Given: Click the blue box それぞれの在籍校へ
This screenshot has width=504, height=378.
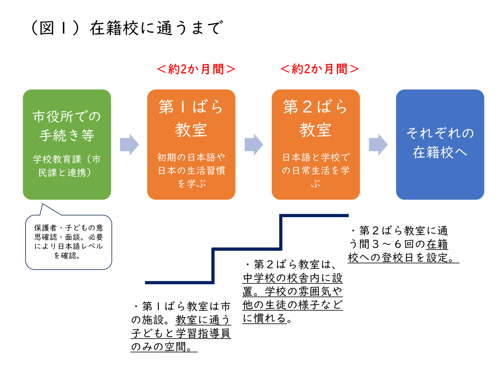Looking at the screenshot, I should (440, 144).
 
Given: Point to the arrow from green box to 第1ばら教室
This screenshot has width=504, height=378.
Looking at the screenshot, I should (129, 144).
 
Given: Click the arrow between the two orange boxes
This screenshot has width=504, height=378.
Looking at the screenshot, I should (254, 144).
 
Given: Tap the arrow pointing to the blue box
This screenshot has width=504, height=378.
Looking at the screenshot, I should (378, 144).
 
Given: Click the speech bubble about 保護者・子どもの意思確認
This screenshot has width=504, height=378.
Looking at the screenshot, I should (69, 241).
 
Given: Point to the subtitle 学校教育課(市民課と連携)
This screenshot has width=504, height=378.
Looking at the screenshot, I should (67, 166).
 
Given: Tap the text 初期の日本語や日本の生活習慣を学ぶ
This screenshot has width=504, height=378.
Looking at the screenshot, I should (191, 171).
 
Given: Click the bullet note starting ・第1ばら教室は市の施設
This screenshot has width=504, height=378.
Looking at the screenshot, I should (181, 326).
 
